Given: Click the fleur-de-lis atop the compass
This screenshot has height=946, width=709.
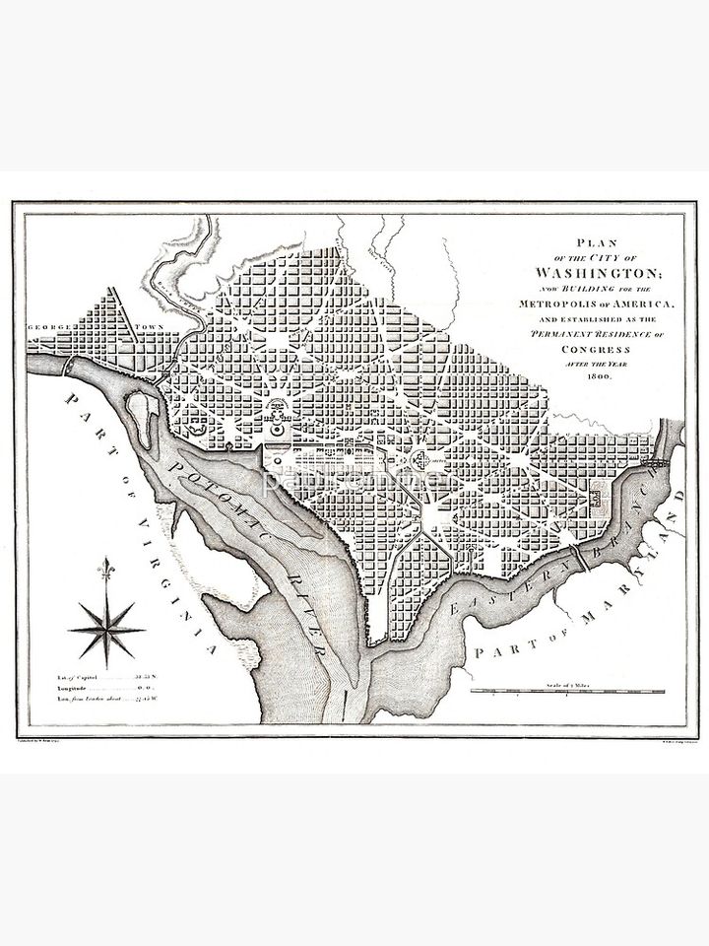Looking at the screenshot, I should pyautogui.click(x=106, y=569).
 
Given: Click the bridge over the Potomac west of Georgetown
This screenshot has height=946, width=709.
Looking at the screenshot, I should pyautogui.click(x=68, y=365).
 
